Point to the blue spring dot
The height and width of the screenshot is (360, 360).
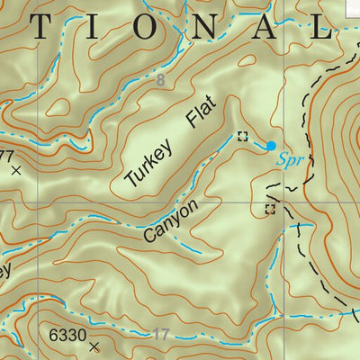click(x=271, y=145)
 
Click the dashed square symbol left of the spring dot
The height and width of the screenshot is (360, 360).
click(x=241, y=137)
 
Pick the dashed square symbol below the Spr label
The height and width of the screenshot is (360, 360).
click(x=269, y=210)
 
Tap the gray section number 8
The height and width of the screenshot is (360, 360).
click(x=160, y=82)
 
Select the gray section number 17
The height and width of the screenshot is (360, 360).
click(x=160, y=335)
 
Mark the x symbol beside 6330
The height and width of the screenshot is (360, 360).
click(x=94, y=345)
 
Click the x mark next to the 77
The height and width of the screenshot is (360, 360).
click(x=16, y=168)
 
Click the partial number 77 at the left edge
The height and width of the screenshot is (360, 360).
click(x=6, y=156)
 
